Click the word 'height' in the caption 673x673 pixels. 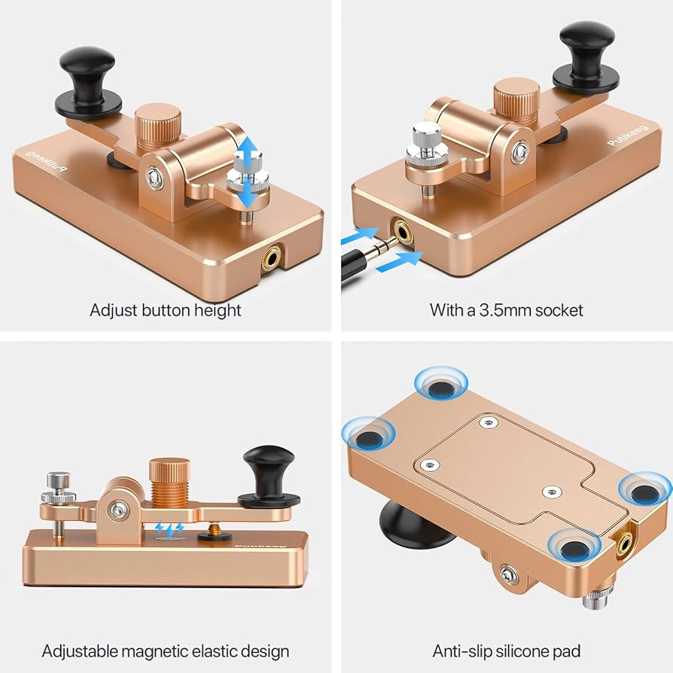click(218, 310)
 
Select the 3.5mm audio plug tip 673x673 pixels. click(384, 245)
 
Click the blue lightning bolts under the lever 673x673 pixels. click(170, 529)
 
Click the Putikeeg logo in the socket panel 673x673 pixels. click(629, 136)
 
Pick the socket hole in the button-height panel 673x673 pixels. click(271, 259)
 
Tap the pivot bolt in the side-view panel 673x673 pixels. click(117, 510)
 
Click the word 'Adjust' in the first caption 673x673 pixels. click(114, 311)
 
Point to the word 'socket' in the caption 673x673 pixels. click(559, 310)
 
